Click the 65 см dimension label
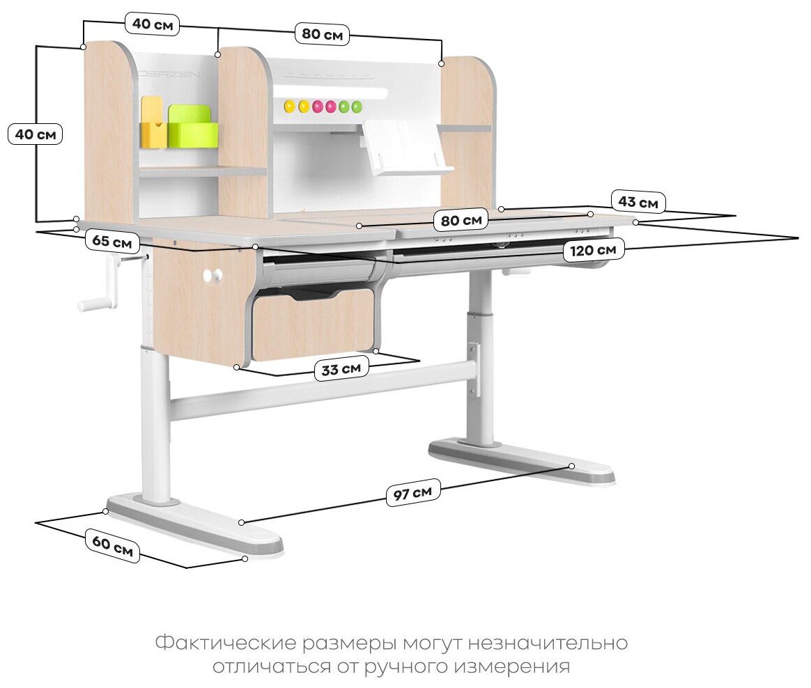112,242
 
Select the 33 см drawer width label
340,369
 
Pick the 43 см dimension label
638,203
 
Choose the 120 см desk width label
593,249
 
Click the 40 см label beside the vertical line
35,134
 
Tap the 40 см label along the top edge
153,25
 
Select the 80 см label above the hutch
322,34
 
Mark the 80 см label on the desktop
461,221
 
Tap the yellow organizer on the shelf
153,124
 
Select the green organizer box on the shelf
192,127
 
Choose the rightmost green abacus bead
357,107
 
